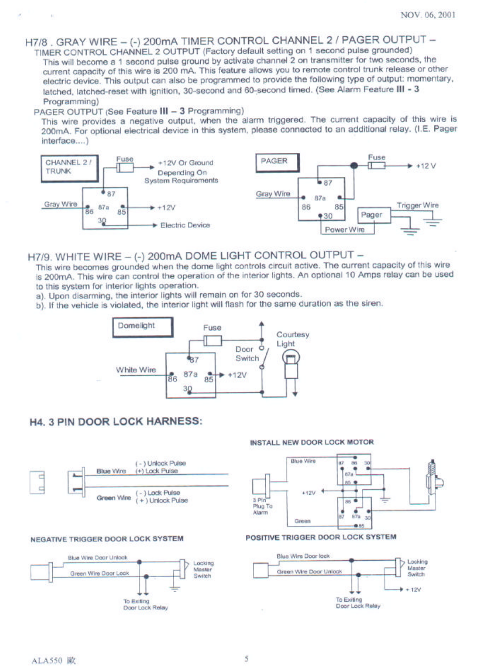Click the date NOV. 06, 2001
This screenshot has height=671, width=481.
(x=428, y=15)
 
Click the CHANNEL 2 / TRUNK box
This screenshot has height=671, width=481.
(x=69, y=168)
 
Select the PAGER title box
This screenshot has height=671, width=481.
(x=277, y=162)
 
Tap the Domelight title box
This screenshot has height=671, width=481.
(x=142, y=326)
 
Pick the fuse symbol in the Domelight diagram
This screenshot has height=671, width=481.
(x=212, y=340)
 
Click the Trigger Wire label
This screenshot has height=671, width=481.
(x=417, y=205)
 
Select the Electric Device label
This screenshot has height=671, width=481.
(x=185, y=225)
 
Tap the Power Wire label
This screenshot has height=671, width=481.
(x=345, y=230)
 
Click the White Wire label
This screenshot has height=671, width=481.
(x=136, y=370)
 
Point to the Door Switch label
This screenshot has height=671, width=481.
(x=247, y=354)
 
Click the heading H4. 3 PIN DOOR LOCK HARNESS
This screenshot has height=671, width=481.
(x=115, y=421)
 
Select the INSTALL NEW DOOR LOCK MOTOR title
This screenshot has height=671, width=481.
(x=311, y=442)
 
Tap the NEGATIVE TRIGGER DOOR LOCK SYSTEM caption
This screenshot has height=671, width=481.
(x=107, y=538)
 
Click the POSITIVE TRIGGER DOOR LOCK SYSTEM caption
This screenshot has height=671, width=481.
(x=321, y=537)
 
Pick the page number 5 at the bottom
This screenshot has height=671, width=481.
(x=246, y=659)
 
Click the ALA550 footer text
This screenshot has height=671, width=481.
(x=47, y=661)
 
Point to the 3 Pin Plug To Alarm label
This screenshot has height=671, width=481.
(x=262, y=506)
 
